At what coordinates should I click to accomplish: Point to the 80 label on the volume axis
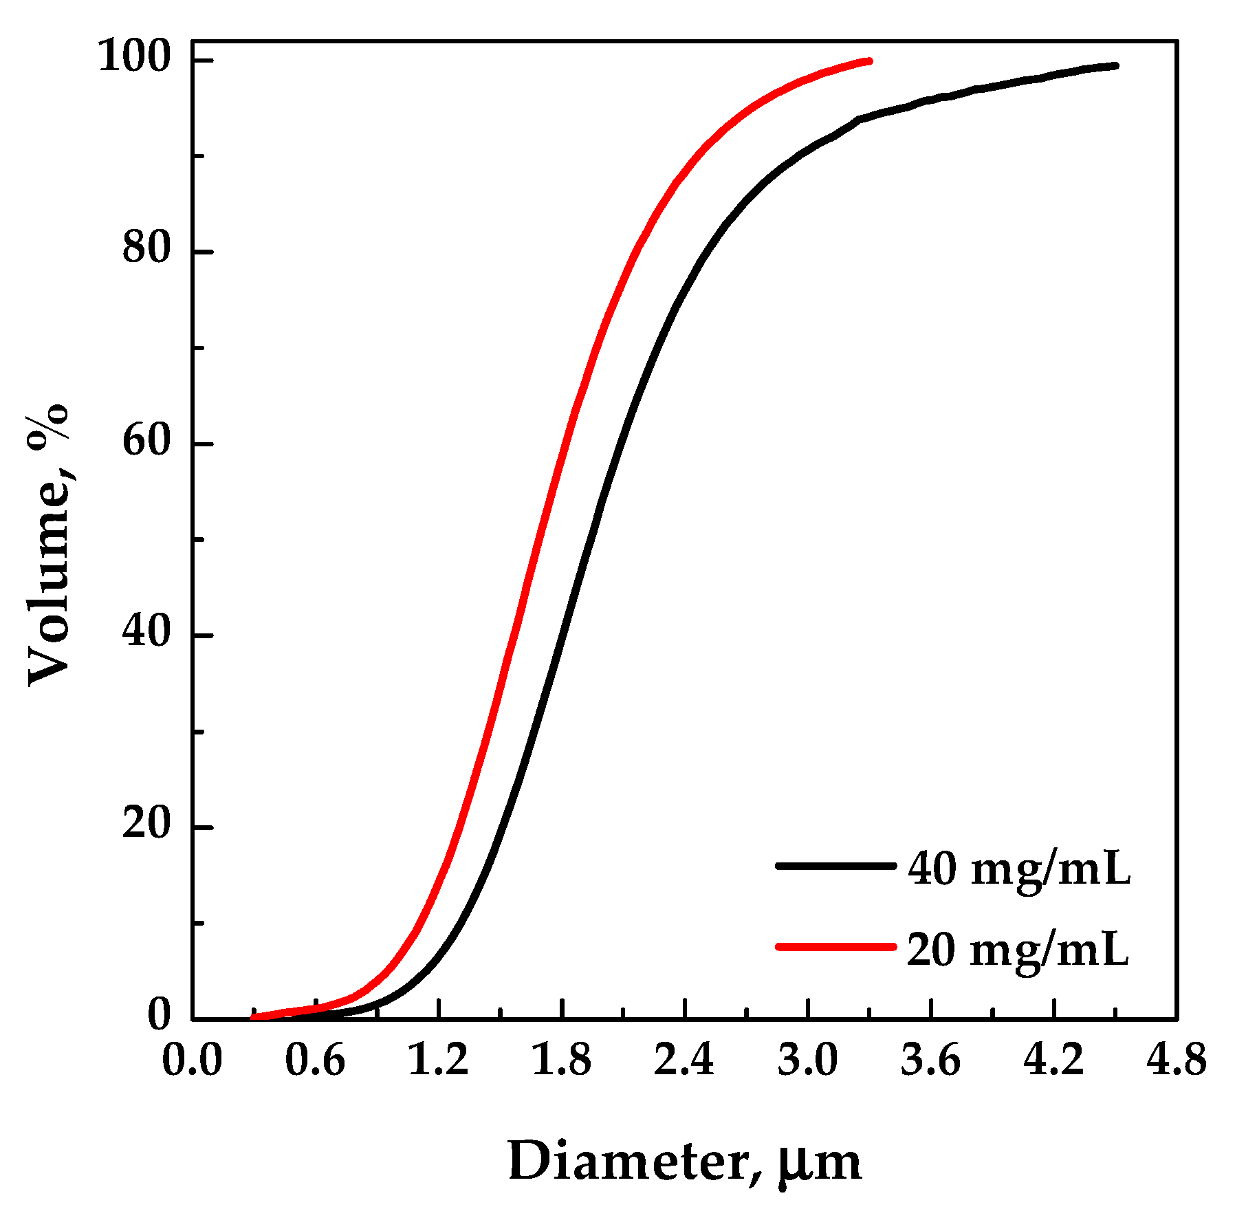coord(146,249)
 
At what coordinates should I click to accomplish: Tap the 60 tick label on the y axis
coord(146,441)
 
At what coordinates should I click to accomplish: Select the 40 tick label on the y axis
coord(146,632)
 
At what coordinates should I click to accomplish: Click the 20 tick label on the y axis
coord(146,824)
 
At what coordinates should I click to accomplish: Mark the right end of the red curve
coord(870,61)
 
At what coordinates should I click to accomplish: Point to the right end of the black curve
coord(1115,66)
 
